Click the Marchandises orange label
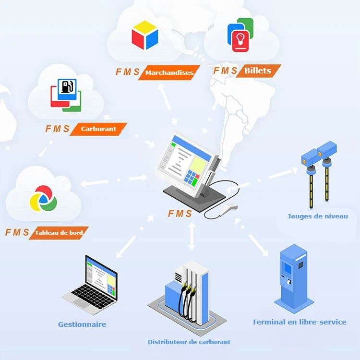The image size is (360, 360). tap(169, 73)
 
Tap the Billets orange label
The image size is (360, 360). tap(258, 71)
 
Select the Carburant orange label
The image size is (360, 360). tap(99, 129)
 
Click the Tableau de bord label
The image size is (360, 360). tap(59, 233)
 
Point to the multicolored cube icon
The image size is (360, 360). tap(144, 35)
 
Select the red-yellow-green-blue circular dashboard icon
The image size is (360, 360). tap(43, 197)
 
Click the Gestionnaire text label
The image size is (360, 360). tap(82, 324)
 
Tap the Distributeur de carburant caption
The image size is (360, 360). tap(189, 342)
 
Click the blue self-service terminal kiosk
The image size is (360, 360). tap(292, 278)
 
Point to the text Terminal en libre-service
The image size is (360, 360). tap(299, 322)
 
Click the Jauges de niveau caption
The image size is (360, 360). tap(318, 216)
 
